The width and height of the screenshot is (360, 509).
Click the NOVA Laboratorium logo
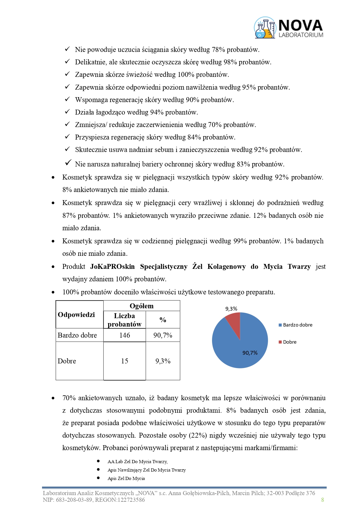pos(289,28)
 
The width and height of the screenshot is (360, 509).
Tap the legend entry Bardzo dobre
pos(297,325)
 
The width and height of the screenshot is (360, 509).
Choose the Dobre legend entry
pos(290,342)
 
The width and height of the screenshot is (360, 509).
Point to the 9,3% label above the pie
pos(231,309)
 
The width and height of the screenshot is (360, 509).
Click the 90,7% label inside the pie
pos(250,353)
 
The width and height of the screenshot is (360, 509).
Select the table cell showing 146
pos(124,335)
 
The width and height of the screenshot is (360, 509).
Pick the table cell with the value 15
pos(124,361)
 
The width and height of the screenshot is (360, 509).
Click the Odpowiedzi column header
pos(76,315)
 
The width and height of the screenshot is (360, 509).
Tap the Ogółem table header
pos(142,306)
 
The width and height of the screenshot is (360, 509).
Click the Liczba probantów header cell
pos(124,320)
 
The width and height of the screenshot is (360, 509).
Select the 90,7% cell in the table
pos(163,335)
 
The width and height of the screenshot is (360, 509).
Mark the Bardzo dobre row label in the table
pos(77,335)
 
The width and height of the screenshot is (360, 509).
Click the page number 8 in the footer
pos(323,500)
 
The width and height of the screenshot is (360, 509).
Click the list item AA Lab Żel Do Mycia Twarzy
pos(138,462)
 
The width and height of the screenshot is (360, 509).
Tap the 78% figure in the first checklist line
pos(218,50)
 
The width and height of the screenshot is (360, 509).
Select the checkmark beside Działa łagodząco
pos(67,112)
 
